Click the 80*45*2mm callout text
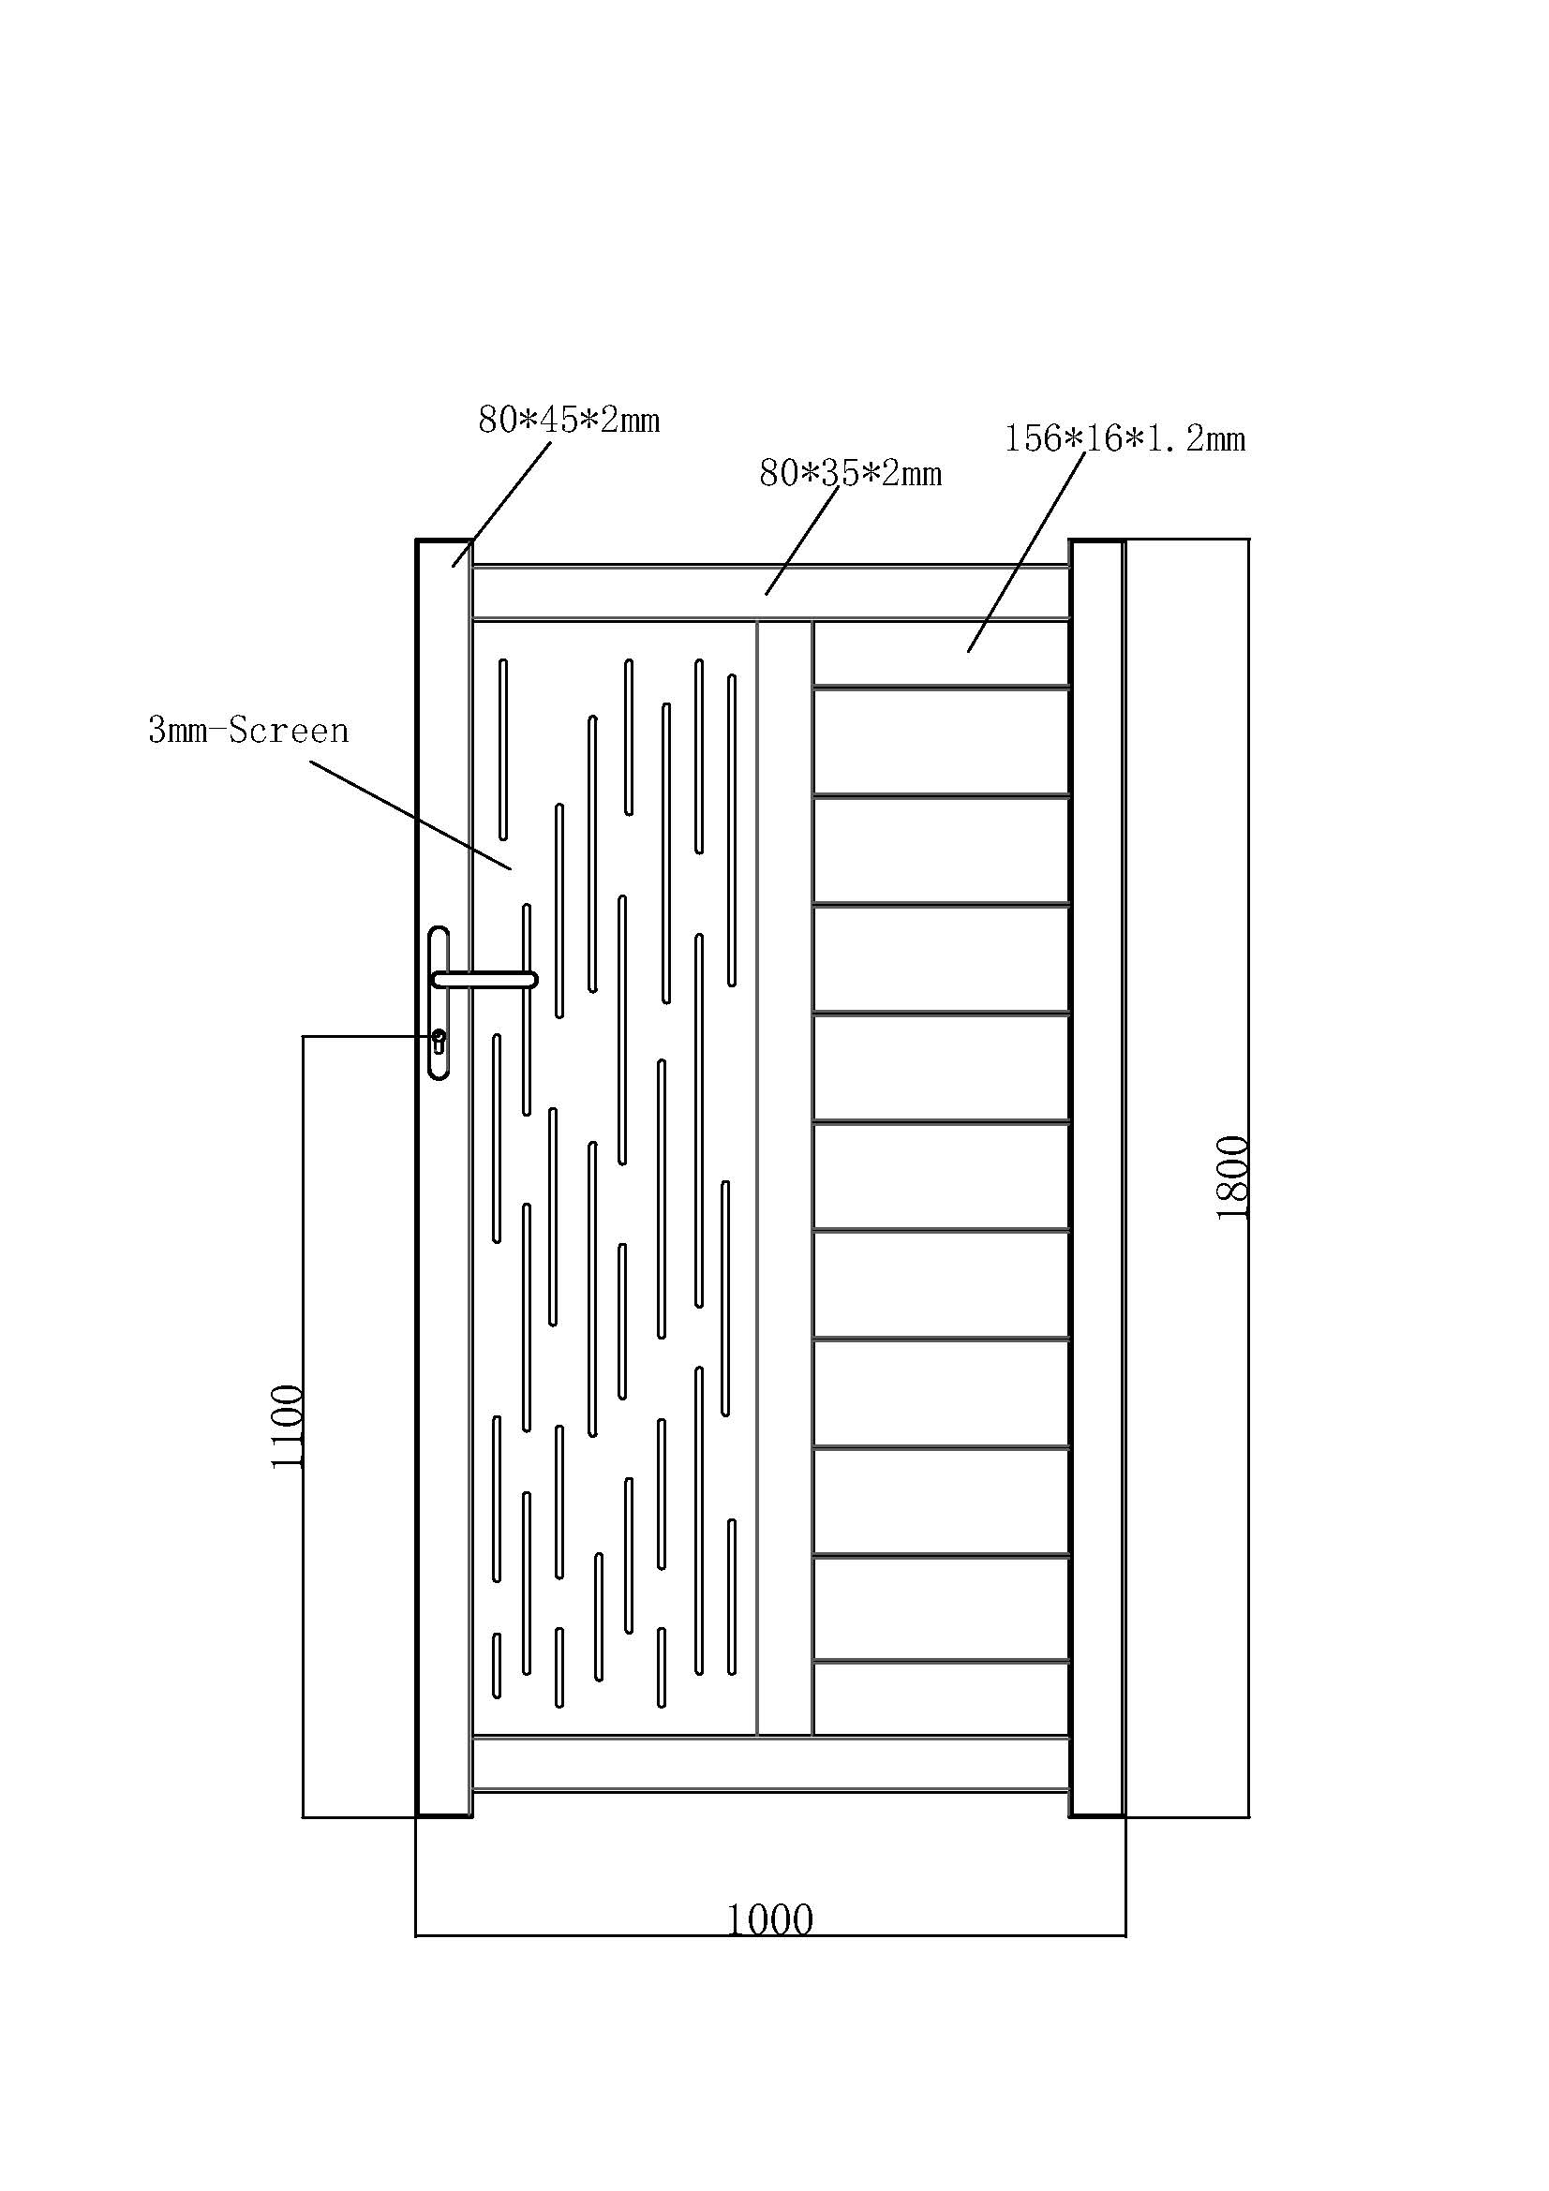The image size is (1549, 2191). coord(569,420)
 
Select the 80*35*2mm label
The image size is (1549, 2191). coord(850,473)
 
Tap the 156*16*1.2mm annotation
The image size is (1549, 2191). coord(1125,439)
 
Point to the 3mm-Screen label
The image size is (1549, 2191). coord(249,731)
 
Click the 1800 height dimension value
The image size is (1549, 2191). coord(1233,1177)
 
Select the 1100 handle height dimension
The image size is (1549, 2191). coord(287,1427)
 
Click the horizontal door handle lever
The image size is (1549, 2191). coord(484,979)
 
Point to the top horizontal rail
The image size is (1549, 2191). coord(771,593)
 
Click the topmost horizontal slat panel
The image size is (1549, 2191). coord(941,654)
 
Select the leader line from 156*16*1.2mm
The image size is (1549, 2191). coord(1026,553)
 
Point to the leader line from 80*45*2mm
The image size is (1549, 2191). coord(502,504)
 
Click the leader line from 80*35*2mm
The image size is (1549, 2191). coord(802,542)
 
